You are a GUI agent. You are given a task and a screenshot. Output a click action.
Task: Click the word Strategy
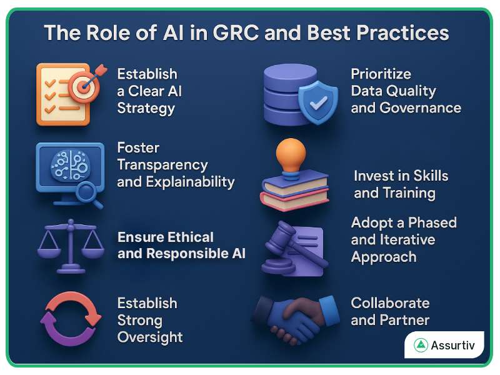(x=146, y=109)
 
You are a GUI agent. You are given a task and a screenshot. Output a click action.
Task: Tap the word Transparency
(x=162, y=165)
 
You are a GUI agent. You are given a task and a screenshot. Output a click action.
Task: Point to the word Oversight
(x=150, y=337)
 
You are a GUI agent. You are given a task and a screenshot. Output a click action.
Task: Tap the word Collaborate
(x=390, y=303)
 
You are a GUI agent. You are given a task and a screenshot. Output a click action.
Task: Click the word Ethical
(x=191, y=237)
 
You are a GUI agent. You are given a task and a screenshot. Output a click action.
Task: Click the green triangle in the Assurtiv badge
(x=421, y=346)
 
